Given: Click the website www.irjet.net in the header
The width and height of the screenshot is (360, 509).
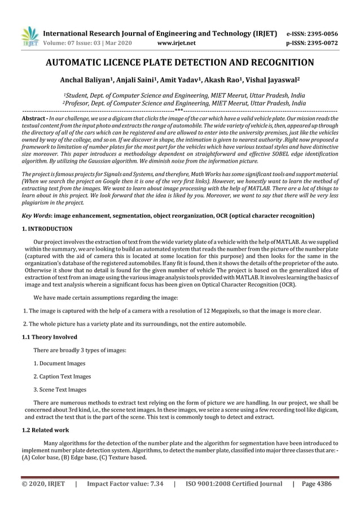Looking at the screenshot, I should [x=177, y=42].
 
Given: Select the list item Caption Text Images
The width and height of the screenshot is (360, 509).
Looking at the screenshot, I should [x=65, y=376].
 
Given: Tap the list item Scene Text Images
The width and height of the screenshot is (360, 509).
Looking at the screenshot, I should [x=63, y=389].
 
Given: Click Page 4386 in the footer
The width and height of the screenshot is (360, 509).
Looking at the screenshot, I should [x=317, y=484].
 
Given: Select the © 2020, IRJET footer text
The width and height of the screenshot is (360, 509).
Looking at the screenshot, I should [x=43, y=484].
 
